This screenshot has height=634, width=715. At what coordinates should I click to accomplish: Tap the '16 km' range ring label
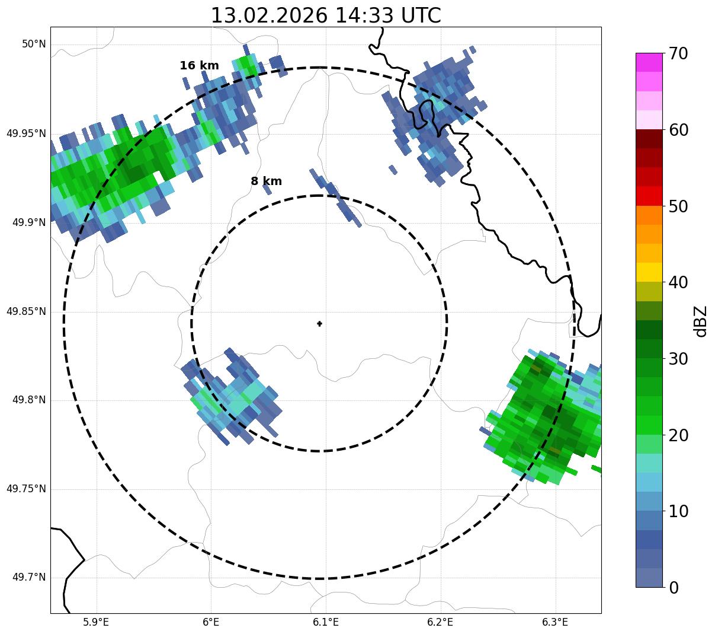[x=199, y=66]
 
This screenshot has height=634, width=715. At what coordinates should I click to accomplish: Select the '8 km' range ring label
[x=266, y=181]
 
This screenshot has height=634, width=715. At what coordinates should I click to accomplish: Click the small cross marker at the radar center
[x=320, y=324]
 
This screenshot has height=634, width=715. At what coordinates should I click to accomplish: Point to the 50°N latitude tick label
[x=34, y=44]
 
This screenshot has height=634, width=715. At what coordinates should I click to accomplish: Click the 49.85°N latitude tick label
[x=26, y=311]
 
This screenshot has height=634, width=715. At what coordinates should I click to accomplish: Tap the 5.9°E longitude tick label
[x=96, y=622]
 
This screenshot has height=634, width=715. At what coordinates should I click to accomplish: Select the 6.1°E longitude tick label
[x=326, y=622]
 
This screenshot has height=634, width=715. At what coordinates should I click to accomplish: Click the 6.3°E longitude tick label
[x=555, y=622]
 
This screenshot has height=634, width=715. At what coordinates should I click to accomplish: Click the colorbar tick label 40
[x=678, y=283]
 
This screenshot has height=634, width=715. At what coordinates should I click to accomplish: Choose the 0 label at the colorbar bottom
[x=674, y=588]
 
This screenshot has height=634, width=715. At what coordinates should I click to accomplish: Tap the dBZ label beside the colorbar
[x=701, y=321]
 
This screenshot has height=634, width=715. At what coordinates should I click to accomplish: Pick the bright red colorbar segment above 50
[x=649, y=196]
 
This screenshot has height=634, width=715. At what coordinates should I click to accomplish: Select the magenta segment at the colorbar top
[x=649, y=62]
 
